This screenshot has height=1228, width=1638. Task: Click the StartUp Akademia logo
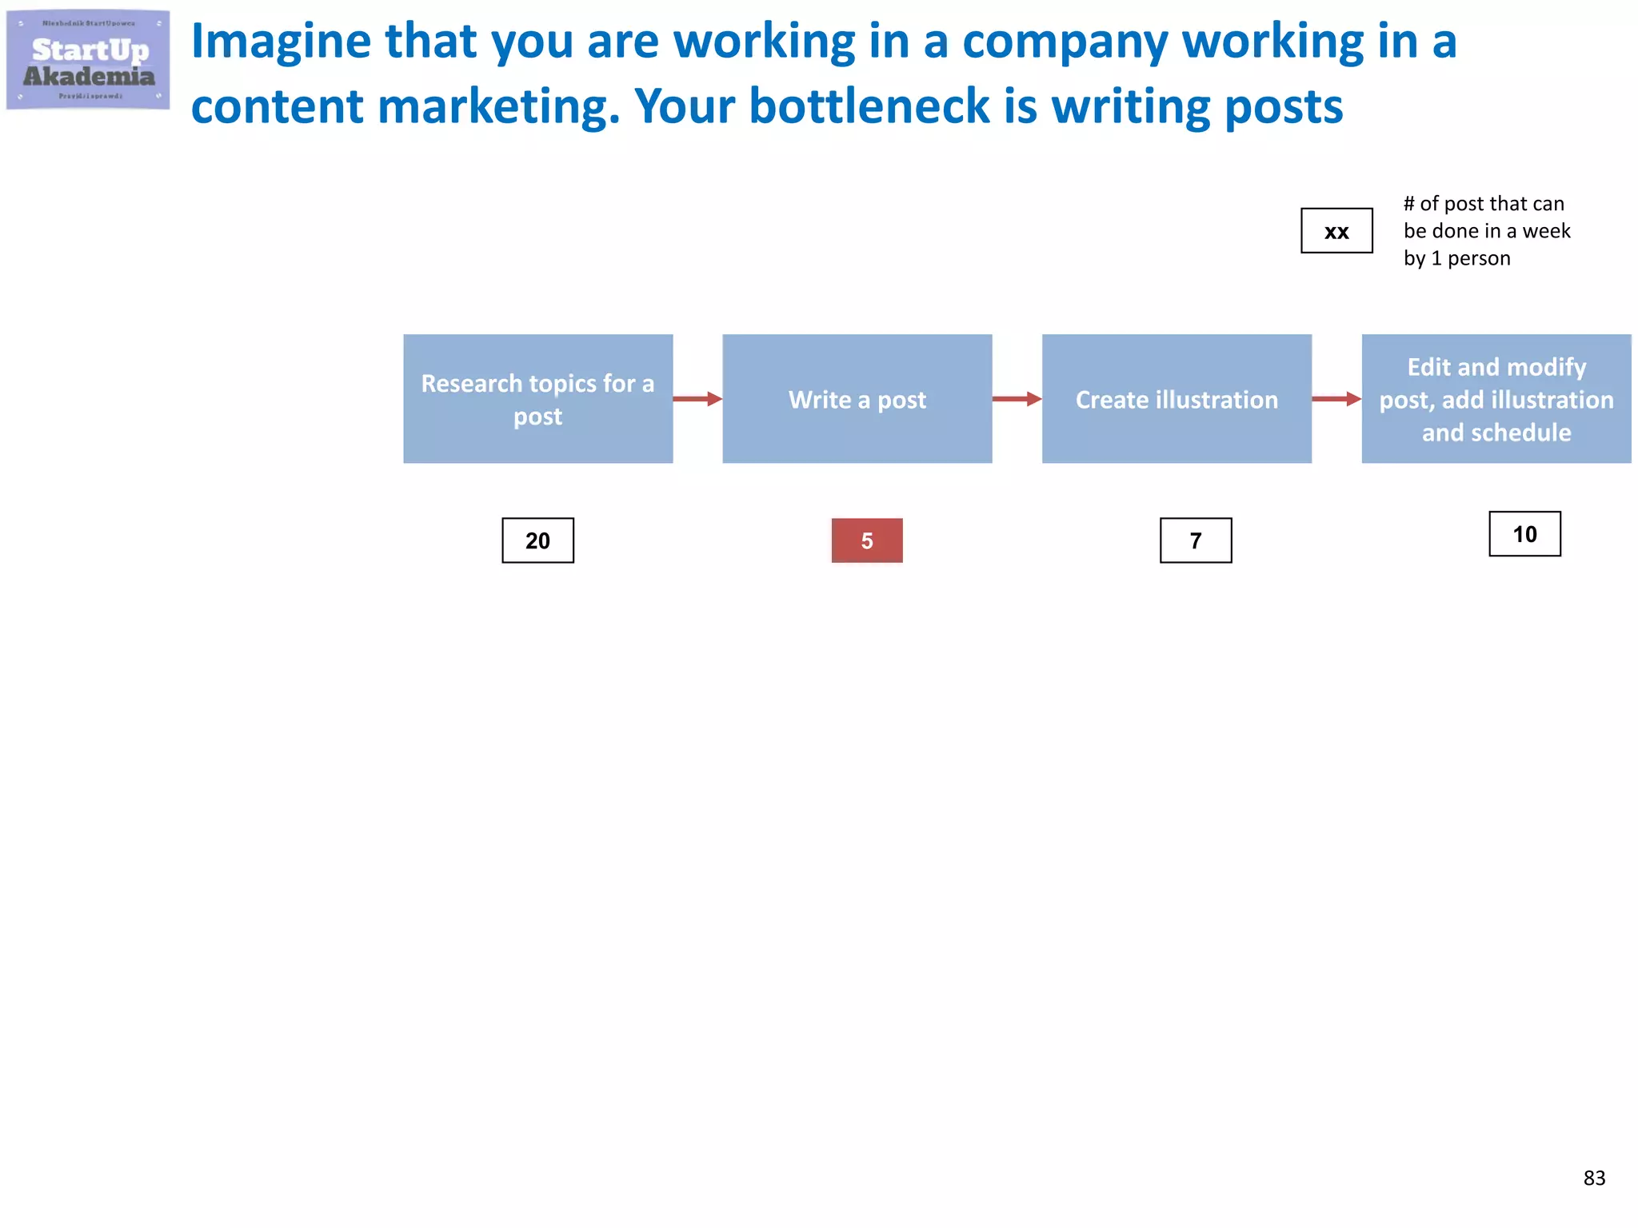click(88, 60)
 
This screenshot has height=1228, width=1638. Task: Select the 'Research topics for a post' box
click(537, 399)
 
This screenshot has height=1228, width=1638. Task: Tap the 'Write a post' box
click(857, 399)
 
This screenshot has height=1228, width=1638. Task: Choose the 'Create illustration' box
click(1177, 399)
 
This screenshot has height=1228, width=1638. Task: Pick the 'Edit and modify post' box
click(1496, 399)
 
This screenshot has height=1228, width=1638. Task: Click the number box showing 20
click(537, 540)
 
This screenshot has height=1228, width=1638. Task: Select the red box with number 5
click(867, 540)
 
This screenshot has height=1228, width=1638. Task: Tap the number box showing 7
click(1196, 540)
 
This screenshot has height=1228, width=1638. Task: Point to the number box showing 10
click(1524, 534)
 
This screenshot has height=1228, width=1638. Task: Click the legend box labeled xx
click(1336, 231)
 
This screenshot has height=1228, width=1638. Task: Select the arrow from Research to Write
click(697, 399)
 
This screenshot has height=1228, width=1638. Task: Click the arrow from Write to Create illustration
click(1017, 399)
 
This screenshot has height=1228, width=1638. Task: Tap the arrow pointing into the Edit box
click(1336, 399)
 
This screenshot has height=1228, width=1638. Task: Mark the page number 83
click(1594, 1178)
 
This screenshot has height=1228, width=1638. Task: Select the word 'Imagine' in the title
click(281, 42)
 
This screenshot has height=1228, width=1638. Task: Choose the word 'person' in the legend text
click(1479, 259)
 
